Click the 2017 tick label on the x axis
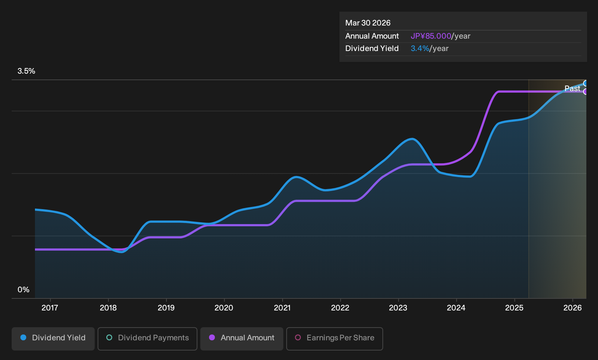50,308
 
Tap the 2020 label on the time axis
224,308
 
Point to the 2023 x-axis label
398,308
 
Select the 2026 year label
573,308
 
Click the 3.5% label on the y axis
26,71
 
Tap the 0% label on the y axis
24,290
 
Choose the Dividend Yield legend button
53,339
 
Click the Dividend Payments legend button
147,339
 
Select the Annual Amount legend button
241,339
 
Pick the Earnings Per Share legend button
334,339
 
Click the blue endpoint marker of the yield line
585,83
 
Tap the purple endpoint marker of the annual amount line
585,91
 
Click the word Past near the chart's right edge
573,89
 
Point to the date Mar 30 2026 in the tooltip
368,23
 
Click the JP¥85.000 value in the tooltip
431,36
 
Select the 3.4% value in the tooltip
420,48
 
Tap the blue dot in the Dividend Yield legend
24,337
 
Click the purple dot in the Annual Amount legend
212,337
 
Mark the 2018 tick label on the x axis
108,308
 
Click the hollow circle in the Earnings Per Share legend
298,337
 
